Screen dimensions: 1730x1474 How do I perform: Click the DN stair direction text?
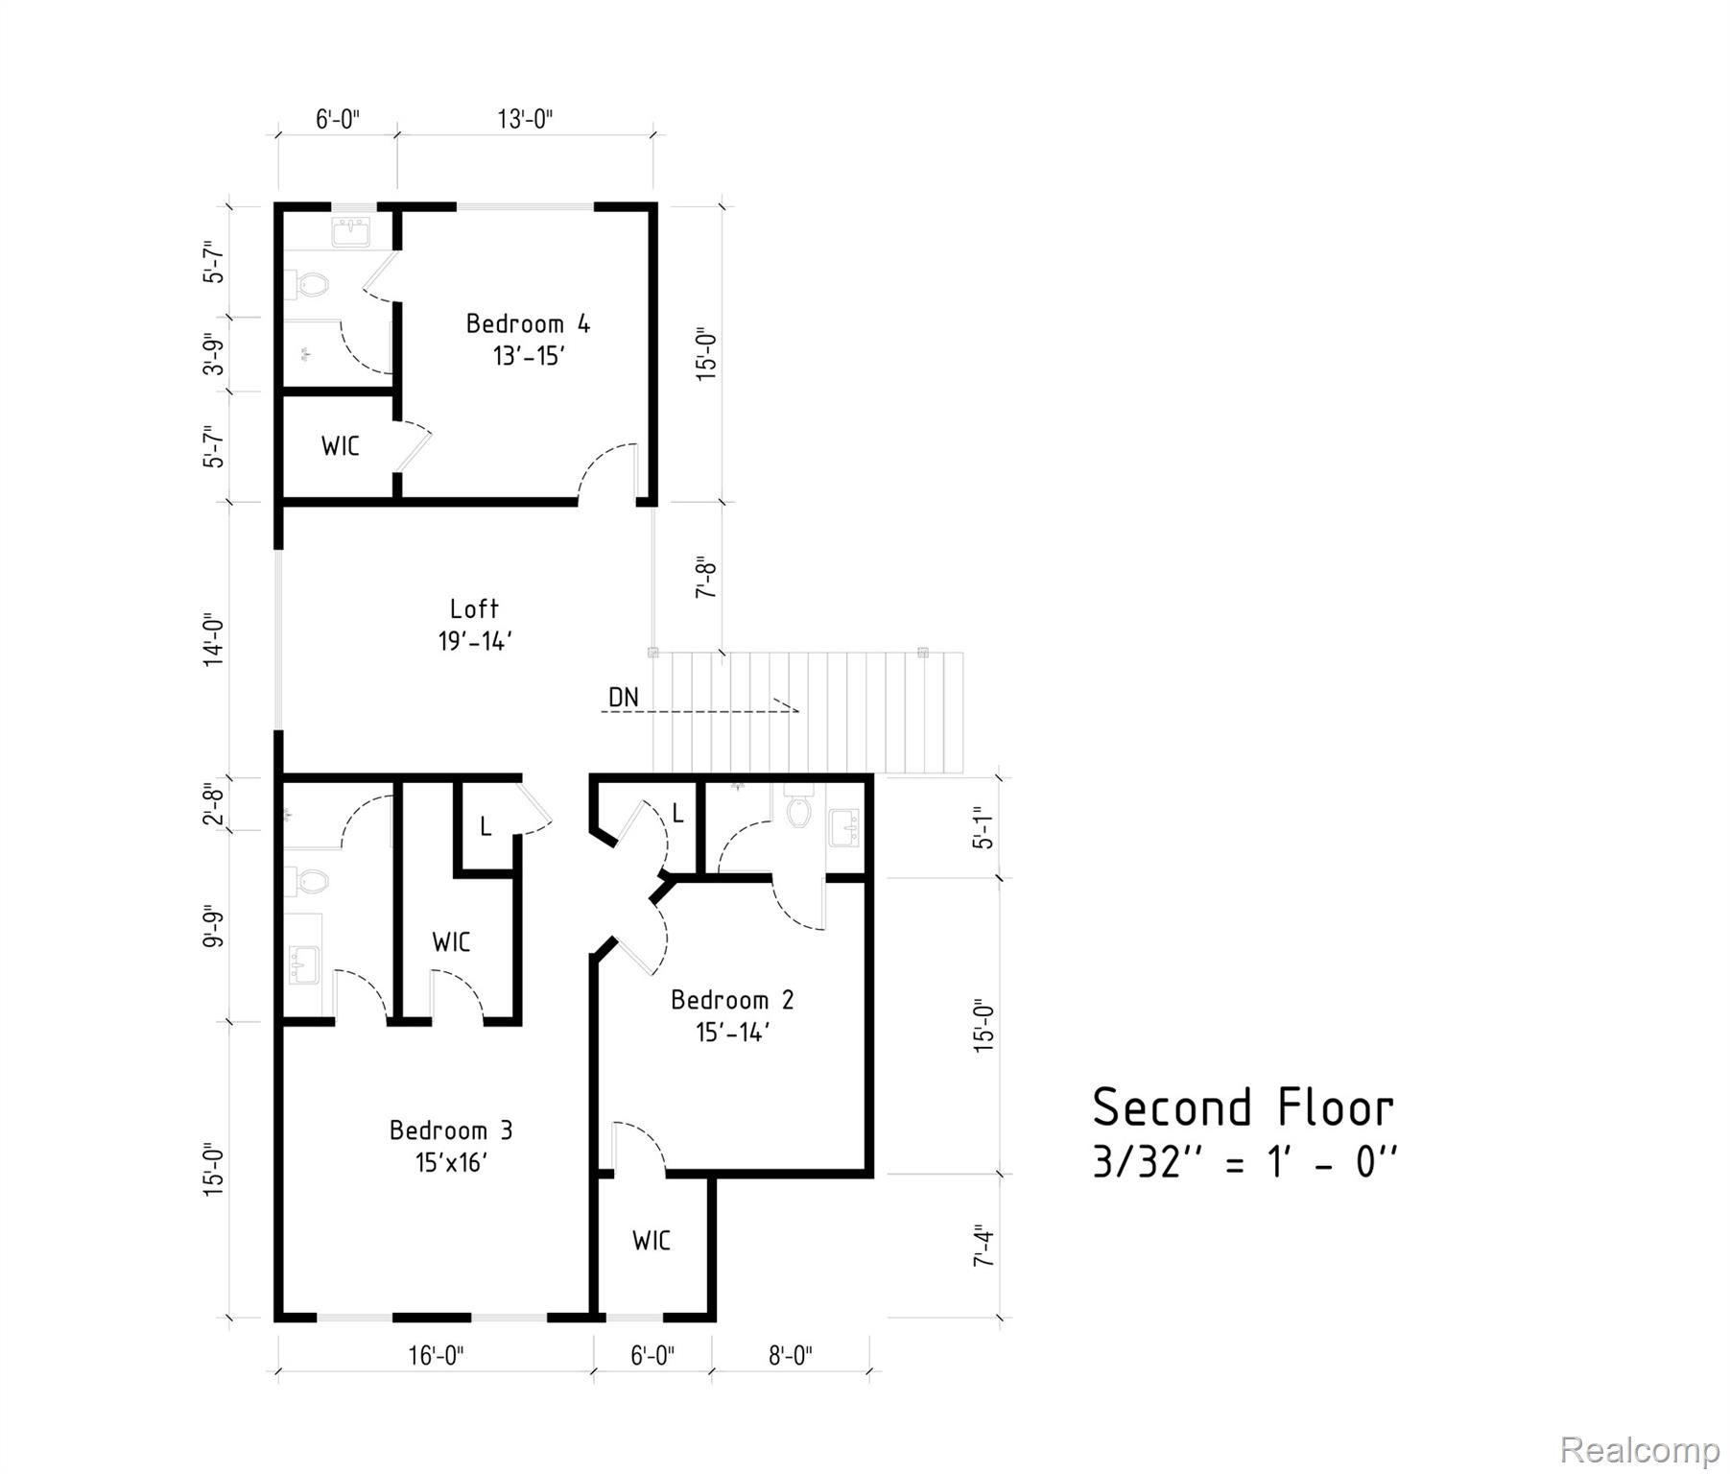pyautogui.click(x=624, y=698)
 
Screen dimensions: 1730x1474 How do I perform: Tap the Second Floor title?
pyautogui.click(x=1243, y=1108)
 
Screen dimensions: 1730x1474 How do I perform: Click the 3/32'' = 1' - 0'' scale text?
pyautogui.click(x=1244, y=1164)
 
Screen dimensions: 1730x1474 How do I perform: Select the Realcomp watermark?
pyautogui.click(x=1639, y=1449)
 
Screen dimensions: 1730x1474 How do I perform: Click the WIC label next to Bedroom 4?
pyautogui.click(x=341, y=446)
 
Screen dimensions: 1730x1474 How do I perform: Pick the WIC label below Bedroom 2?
pyautogui.click(x=652, y=1241)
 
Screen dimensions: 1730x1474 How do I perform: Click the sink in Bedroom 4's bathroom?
pyautogui.click(x=350, y=231)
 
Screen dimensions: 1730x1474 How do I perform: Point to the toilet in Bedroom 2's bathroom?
pyautogui.click(x=798, y=811)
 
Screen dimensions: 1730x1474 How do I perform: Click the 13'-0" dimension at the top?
pyautogui.click(x=525, y=119)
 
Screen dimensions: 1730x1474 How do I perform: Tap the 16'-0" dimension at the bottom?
pyautogui.click(x=436, y=1355)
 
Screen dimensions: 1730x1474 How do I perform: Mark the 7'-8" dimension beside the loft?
pyautogui.click(x=706, y=577)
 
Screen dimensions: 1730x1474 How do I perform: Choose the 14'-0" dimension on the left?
pyautogui.click(x=213, y=640)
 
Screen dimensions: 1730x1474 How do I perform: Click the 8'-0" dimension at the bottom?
pyautogui.click(x=791, y=1355)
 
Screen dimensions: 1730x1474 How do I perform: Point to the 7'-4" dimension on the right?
pyautogui.click(x=983, y=1246)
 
